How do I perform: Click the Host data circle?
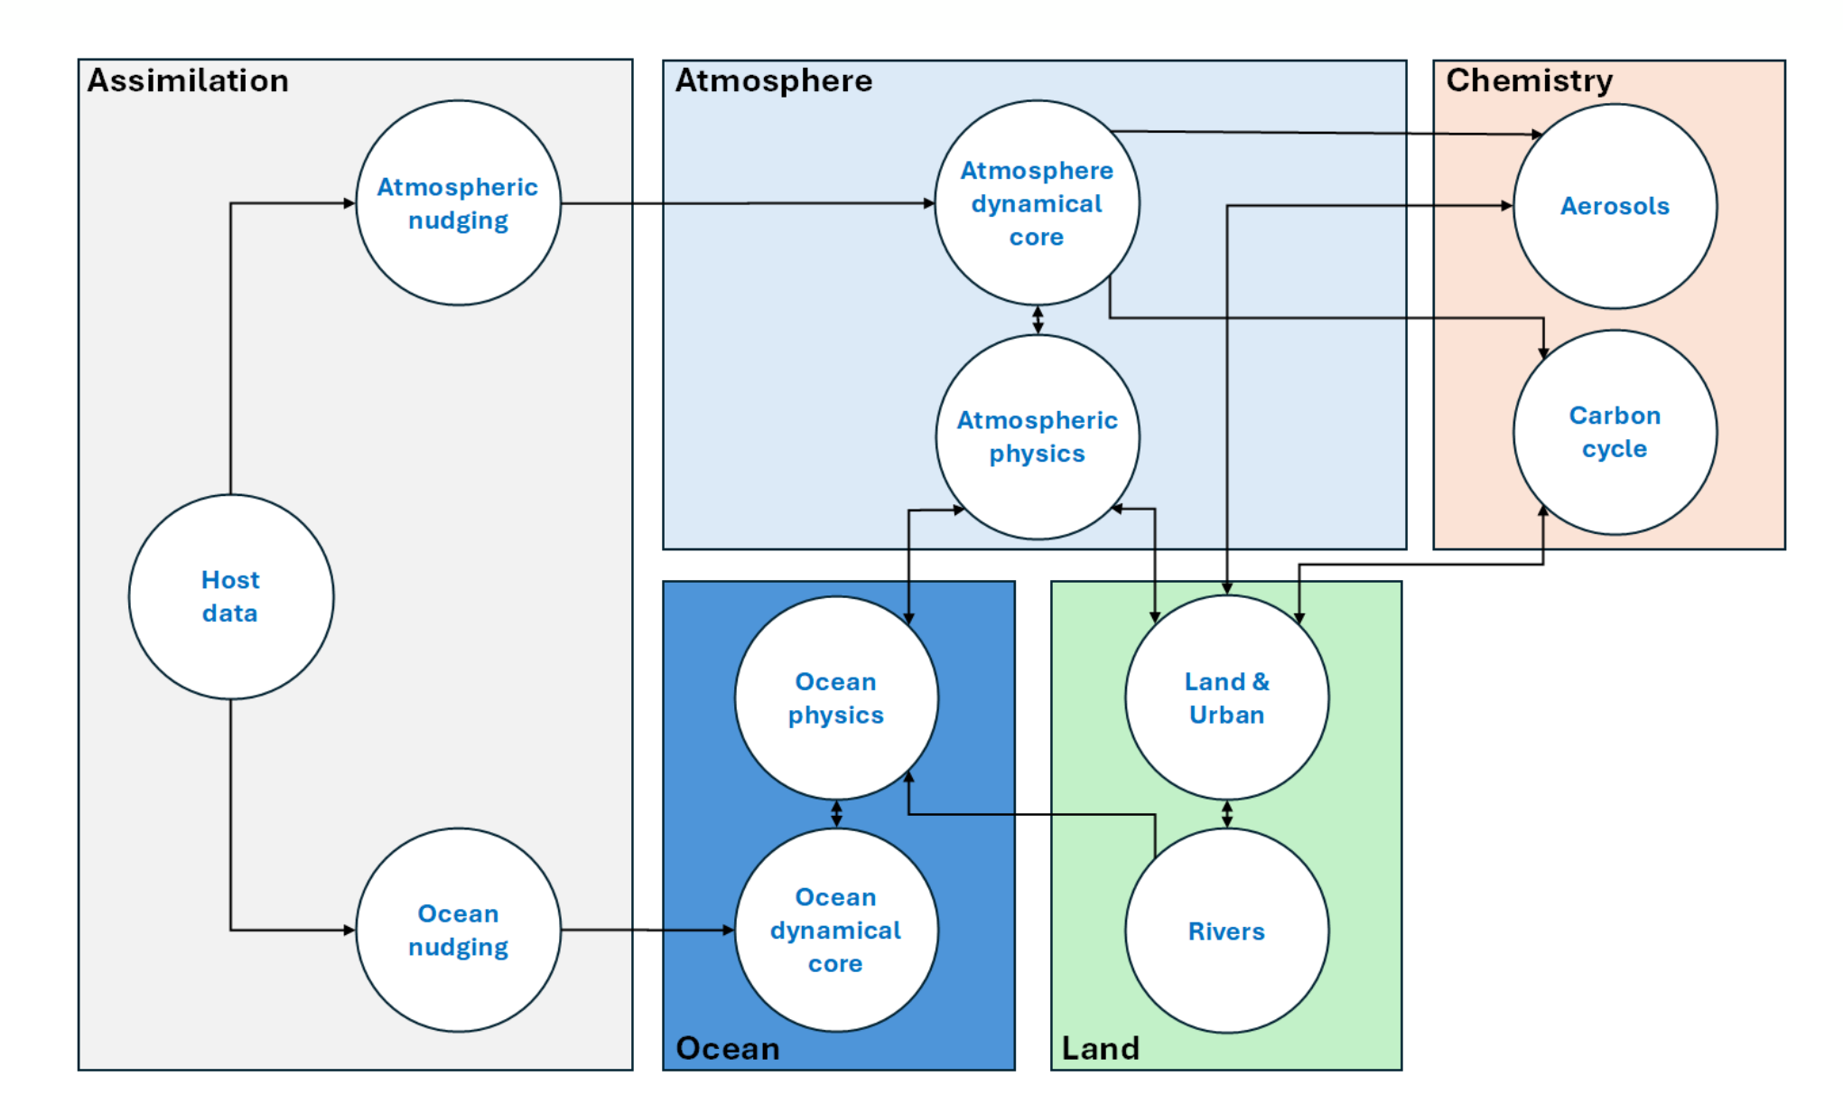[231, 596]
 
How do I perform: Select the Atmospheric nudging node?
[458, 203]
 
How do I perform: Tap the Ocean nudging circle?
[458, 930]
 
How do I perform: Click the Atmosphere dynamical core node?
[1037, 203]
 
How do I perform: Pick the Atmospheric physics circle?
[1037, 437]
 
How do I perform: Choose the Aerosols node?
[1615, 206]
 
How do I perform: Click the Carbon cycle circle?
[1615, 432]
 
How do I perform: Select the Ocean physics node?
[836, 697]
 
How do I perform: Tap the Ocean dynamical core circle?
[836, 930]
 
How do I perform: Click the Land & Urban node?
[1226, 697]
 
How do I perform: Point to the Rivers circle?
[1226, 931]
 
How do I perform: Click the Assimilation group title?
[188, 80]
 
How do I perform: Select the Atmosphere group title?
[774, 80]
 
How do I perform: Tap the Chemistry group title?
[1529, 80]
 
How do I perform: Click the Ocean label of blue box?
[727, 1048]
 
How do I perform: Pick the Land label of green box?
[1100, 1048]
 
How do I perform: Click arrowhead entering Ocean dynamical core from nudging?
[728, 930]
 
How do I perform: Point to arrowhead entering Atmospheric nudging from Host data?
[349, 203]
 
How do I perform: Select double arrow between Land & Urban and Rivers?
[1226, 814]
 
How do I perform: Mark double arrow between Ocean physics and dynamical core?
[836, 814]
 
